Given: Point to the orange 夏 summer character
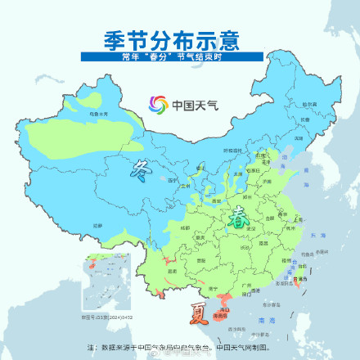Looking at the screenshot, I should (199, 312).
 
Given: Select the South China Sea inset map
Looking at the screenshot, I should (101, 283).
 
